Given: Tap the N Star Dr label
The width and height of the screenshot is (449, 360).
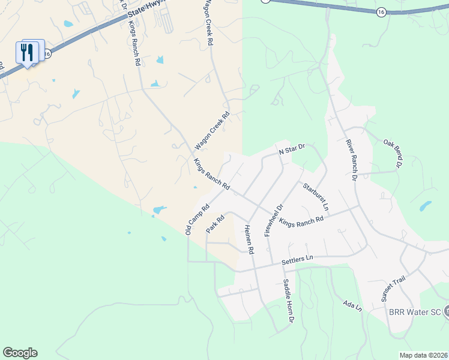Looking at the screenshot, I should tap(292, 148).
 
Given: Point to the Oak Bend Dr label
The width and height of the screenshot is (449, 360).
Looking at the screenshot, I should tap(392, 152).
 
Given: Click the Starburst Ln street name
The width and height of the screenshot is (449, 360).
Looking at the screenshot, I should tap(316, 196).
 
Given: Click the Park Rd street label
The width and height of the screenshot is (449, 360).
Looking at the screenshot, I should tap(215, 223).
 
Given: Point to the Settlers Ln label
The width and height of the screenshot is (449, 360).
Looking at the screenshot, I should tap(297, 259).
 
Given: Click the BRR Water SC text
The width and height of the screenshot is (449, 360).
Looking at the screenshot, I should tap(414, 313).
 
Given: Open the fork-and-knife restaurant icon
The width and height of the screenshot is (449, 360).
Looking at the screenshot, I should tap(27, 52).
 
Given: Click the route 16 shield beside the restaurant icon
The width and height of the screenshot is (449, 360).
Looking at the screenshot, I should tap(47, 53).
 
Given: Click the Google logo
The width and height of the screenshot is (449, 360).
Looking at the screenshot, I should tap(20, 353).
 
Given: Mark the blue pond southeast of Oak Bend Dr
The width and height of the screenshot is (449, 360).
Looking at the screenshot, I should tap(425, 206).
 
